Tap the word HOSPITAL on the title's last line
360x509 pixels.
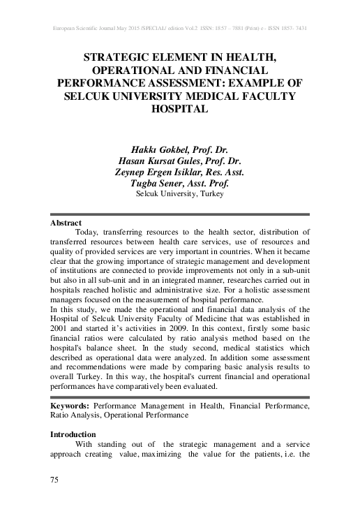tap(180, 110)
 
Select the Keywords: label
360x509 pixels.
tap(70, 405)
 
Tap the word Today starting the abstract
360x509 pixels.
tap(87, 231)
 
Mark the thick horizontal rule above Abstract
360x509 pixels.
tap(180, 214)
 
